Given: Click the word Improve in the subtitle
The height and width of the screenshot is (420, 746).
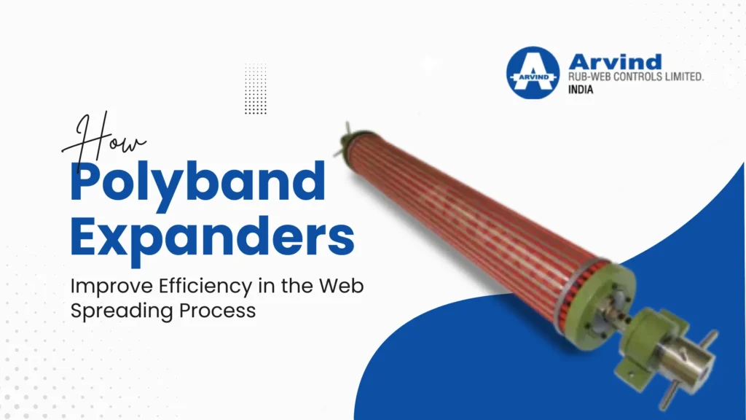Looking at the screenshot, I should tap(99, 287).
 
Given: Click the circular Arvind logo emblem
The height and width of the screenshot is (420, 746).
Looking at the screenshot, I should tap(533, 73).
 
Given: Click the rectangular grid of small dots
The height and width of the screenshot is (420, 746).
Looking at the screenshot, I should tap(255, 88).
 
